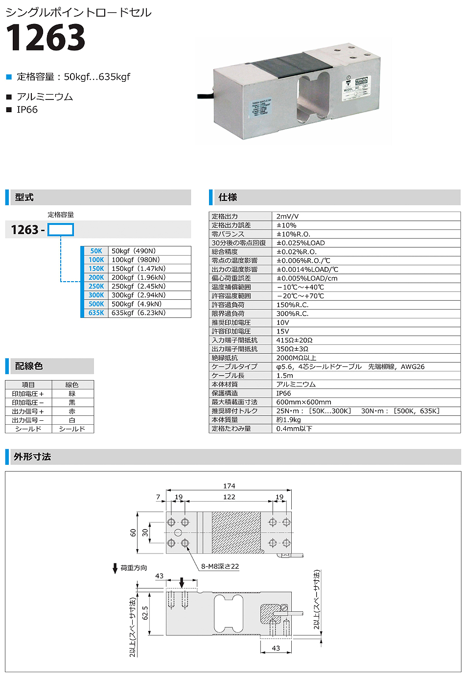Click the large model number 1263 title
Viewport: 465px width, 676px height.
(x=46, y=38)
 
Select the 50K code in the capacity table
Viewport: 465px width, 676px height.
(x=96, y=251)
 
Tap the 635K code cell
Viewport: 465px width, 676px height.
(x=96, y=313)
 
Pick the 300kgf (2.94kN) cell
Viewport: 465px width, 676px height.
(x=139, y=295)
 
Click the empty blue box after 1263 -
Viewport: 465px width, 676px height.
(x=61, y=230)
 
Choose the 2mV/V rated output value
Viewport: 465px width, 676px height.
(x=287, y=216)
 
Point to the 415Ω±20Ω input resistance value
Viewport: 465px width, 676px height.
(x=294, y=340)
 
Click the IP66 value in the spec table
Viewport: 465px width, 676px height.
(x=283, y=393)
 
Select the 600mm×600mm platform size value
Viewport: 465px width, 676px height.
(x=303, y=402)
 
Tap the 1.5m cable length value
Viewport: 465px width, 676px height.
(x=284, y=375)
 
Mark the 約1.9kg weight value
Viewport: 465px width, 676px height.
(x=288, y=419)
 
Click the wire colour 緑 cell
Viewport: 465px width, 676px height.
(x=72, y=393)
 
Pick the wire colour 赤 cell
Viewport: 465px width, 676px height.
(x=72, y=411)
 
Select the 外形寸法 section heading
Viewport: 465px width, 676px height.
(x=32, y=457)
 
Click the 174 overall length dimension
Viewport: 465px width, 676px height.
(x=229, y=486)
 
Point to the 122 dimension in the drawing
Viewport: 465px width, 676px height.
(x=229, y=497)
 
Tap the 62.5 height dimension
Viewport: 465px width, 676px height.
(x=145, y=613)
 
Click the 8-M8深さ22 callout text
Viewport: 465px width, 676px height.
(x=220, y=566)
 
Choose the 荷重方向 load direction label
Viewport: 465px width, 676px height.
(x=134, y=568)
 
